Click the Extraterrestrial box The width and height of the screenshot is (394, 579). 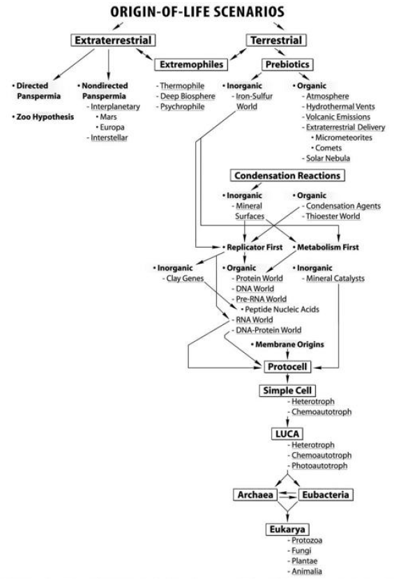tap(113, 40)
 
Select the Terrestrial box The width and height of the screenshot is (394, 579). tap(276, 40)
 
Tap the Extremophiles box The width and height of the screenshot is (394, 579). tap(191, 65)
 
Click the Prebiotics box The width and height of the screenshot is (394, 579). tap(287, 65)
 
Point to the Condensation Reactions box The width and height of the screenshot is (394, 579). tap(287, 175)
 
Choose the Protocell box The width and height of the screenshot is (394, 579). tap(287, 367)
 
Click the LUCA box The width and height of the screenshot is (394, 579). tap(287, 434)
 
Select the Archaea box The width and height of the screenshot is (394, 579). tap(255, 495)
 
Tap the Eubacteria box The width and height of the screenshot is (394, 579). tap(326, 495)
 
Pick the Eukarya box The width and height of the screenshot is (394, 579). tap(287, 529)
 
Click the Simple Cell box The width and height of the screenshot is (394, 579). tap(287, 391)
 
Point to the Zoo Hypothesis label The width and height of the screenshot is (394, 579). tap(43, 117)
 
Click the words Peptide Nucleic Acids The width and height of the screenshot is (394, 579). tap(282, 310)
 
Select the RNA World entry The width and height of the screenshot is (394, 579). tap(255, 319)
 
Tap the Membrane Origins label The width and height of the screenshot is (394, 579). tap(289, 345)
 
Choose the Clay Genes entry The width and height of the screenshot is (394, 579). tap(185, 278)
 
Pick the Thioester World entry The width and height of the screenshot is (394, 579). tap(333, 216)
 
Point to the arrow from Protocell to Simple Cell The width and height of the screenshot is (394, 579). tap(287, 379)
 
